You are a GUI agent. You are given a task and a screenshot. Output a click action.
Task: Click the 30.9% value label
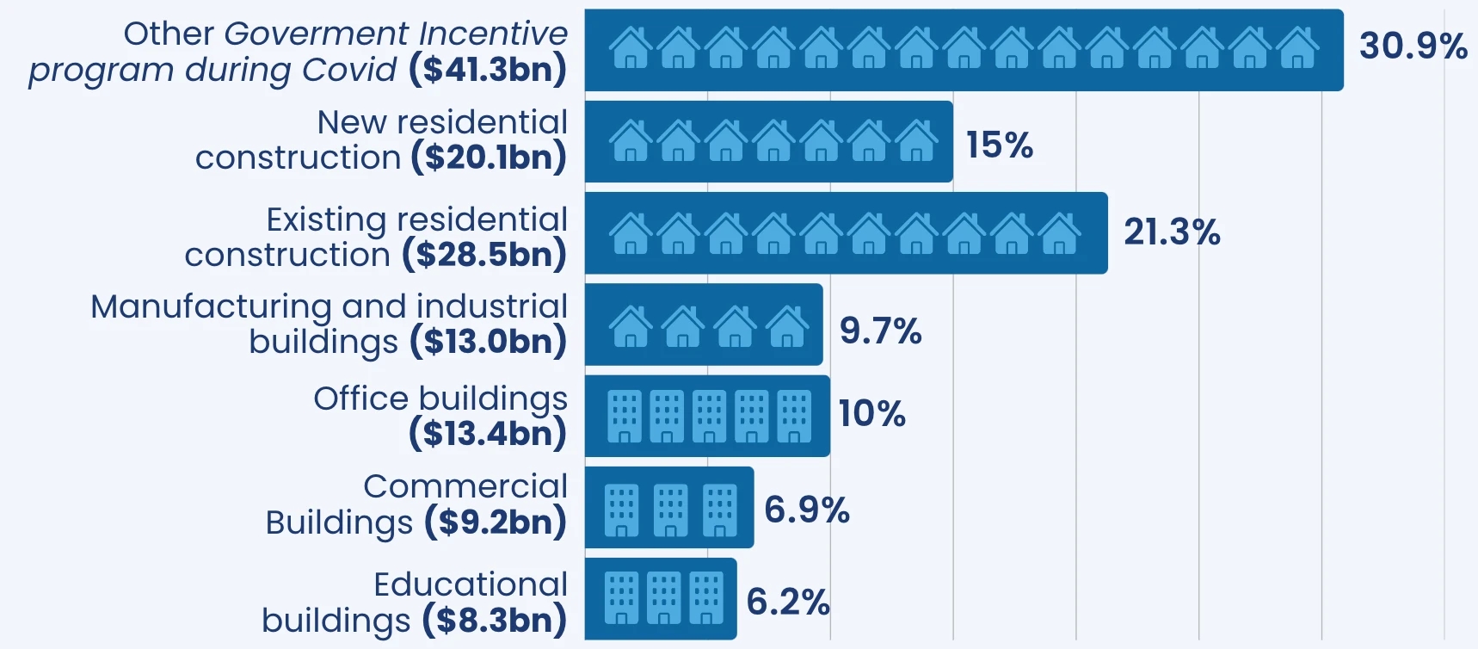1413,46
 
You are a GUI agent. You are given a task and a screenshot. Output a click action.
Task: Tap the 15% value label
999,145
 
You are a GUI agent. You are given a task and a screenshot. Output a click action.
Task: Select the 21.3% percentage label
1172,232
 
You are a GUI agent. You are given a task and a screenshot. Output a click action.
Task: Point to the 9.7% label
880,331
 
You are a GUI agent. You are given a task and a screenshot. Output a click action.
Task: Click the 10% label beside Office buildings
871,414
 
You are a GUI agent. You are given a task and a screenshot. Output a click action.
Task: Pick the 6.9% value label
806,510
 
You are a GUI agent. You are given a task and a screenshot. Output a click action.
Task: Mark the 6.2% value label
787,602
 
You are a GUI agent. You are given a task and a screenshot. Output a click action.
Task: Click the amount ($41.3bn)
488,70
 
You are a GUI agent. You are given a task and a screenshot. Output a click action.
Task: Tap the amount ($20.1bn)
489,158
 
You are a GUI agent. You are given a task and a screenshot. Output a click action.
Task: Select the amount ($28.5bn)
484,255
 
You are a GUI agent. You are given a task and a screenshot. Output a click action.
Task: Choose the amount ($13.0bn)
488,342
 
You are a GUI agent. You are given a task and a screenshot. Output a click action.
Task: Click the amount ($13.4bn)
488,433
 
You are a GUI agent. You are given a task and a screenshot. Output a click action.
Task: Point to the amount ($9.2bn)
495,522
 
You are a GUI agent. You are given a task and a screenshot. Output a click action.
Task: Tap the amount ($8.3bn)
494,620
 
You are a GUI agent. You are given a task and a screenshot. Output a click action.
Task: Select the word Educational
471,584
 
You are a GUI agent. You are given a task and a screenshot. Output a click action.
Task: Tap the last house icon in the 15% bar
916,142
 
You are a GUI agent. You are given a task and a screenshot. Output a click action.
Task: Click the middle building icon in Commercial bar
670,510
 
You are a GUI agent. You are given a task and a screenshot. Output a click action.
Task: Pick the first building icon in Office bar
625,417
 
